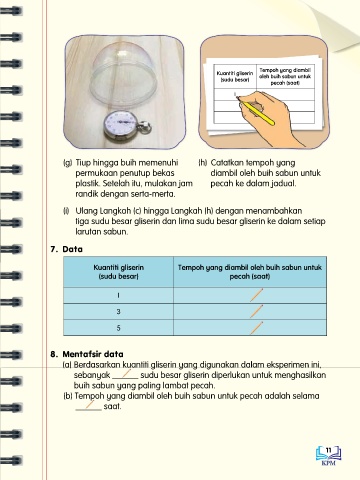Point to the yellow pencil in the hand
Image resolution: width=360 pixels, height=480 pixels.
tap(257, 113)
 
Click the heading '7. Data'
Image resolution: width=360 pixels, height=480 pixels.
tap(66, 249)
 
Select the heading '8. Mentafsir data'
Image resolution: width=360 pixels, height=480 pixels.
tap(87, 354)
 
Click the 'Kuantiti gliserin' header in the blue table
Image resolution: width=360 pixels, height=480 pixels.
tap(119, 272)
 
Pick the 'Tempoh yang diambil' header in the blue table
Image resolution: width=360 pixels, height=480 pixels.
tap(250, 272)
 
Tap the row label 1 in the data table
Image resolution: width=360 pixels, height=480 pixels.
tap(119, 295)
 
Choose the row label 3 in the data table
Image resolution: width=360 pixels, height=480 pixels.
tap(118, 312)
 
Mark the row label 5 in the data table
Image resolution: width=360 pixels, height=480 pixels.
tap(118, 328)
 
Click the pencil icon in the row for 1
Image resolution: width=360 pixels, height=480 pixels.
tap(256, 295)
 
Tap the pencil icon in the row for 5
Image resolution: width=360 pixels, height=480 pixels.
tap(256, 328)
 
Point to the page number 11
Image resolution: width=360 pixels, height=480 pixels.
tap(329, 450)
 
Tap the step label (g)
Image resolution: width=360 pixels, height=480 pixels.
tap(68, 163)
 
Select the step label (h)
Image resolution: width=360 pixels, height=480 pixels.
tap(203, 163)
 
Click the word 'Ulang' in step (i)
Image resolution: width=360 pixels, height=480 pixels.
tap(87, 211)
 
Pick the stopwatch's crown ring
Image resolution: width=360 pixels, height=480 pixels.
tap(146, 128)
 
